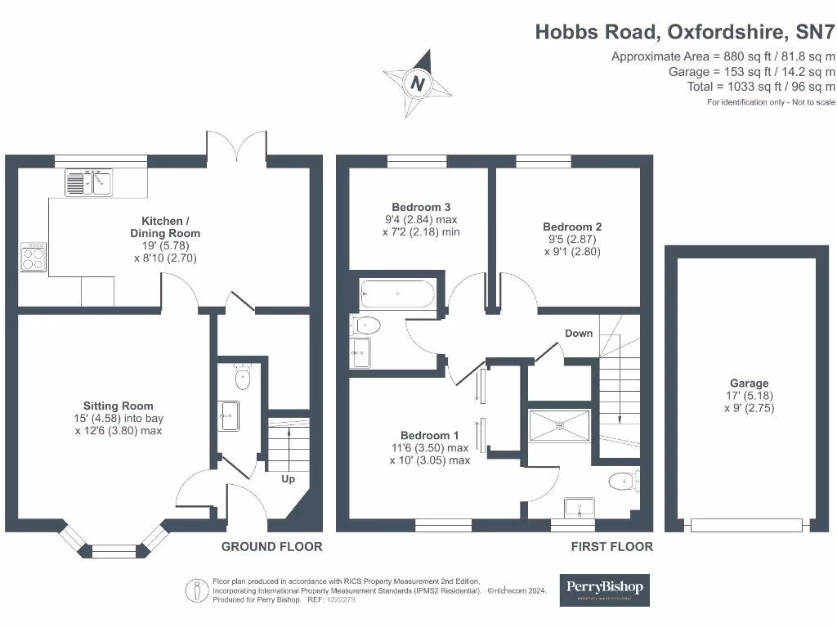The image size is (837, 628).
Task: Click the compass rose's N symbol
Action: (x=418, y=83)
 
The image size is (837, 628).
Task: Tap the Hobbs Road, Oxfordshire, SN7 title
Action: (x=685, y=32)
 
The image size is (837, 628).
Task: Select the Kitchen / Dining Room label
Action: (x=171, y=227)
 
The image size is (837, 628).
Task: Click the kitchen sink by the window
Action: (x=89, y=182)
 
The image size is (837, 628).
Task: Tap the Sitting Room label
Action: (x=118, y=406)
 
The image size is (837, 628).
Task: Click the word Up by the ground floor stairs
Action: (x=288, y=479)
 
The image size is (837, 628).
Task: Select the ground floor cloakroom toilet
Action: (x=242, y=378)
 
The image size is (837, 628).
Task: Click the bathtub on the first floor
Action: (x=397, y=294)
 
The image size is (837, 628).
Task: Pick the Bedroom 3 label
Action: (x=421, y=208)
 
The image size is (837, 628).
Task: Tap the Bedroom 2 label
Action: (x=572, y=227)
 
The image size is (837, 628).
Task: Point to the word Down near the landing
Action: (x=579, y=334)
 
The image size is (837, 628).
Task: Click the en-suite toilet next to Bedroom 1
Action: (x=624, y=482)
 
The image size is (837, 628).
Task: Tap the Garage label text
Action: (x=749, y=384)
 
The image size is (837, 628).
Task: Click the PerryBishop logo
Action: (x=605, y=589)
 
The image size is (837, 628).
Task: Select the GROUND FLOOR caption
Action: (x=271, y=547)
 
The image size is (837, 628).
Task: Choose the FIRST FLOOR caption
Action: (x=611, y=547)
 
